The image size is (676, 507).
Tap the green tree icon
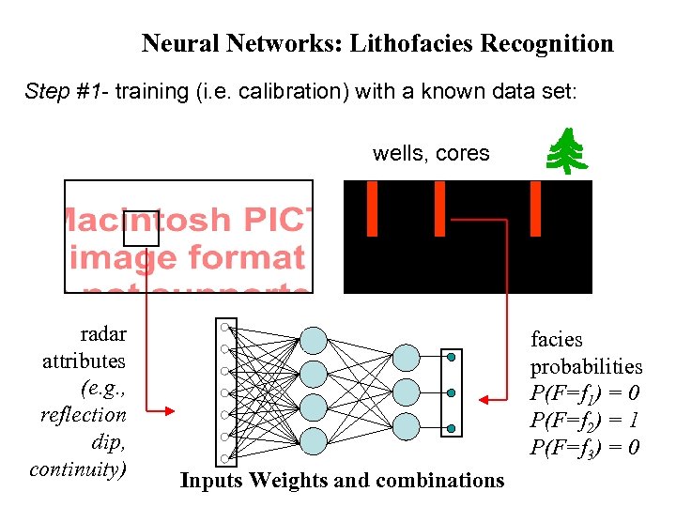[x=567, y=151]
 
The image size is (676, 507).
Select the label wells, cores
[x=431, y=153]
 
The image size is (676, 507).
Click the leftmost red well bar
[x=372, y=208]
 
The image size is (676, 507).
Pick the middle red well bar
[x=438, y=208]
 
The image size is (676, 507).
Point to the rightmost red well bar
[x=536, y=208]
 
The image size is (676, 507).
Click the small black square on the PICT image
[x=142, y=227]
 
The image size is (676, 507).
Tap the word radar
[x=103, y=333]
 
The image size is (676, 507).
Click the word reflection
[x=83, y=414]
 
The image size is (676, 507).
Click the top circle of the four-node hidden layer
[x=313, y=340]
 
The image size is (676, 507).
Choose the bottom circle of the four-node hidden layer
[x=313, y=440]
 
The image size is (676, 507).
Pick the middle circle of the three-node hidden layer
[x=407, y=391]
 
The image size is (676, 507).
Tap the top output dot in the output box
[x=452, y=357]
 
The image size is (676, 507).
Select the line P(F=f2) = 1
[x=585, y=420]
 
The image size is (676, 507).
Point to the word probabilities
[x=586, y=367]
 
